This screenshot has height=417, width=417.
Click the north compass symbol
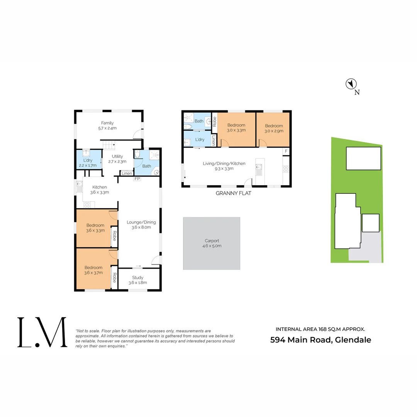pyautogui.click(x=351, y=84)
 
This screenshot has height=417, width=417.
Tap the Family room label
pyautogui.click(x=107, y=125)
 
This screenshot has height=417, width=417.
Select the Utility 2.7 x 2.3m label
pyautogui.click(x=117, y=159)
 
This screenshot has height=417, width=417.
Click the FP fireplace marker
pyautogui.click(x=137, y=179)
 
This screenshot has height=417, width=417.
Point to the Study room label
pyautogui.click(x=137, y=280)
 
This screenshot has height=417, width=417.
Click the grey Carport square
pyautogui.click(x=212, y=243)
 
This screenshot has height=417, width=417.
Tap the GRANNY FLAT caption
pyautogui.click(x=233, y=193)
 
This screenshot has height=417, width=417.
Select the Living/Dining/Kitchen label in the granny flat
pyautogui.click(x=224, y=166)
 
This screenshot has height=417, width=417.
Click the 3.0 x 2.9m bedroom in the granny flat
pyautogui.click(x=273, y=128)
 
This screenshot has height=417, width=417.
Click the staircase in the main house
pyautogui.click(x=109, y=145)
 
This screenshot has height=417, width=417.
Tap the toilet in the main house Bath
pyautogui.click(x=137, y=154)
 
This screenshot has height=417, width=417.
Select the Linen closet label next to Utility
pyautogui.click(x=126, y=174)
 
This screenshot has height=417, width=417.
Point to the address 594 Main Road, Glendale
pyautogui.click(x=320, y=340)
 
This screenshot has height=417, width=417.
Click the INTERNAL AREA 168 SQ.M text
pyautogui.click(x=320, y=329)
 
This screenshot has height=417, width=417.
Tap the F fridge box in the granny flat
pyautogui.click(x=286, y=151)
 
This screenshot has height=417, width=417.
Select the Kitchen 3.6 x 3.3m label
pyautogui.click(x=100, y=190)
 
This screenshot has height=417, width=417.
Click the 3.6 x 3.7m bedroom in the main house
pyautogui.click(x=94, y=270)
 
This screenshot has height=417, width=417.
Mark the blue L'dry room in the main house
pyautogui.click(x=88, y=163)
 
